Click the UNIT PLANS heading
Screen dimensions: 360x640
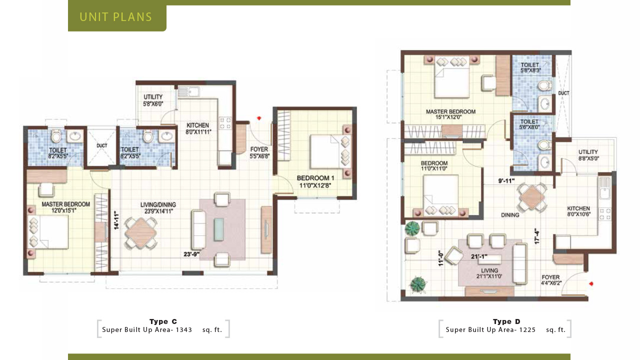[x=116, y=17]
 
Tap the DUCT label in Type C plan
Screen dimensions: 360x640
[x=101, y=145]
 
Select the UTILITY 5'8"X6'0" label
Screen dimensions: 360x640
[x=153, y=100]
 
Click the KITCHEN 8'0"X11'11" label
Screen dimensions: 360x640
[x=198, y=128]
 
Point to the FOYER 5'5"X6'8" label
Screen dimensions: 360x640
[x=259, y=152]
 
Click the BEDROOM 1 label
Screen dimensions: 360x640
[x=315, y=181]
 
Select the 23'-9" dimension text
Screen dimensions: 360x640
[x=191, y=254]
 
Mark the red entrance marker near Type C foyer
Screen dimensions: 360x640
[x=259, y=118]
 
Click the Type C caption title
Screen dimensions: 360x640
[x=163, y=321]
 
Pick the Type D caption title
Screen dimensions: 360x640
[x=506, y=321]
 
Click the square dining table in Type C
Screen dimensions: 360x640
[x=140, y=232]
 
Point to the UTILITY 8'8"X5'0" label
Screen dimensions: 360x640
[x=588, y=155]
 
